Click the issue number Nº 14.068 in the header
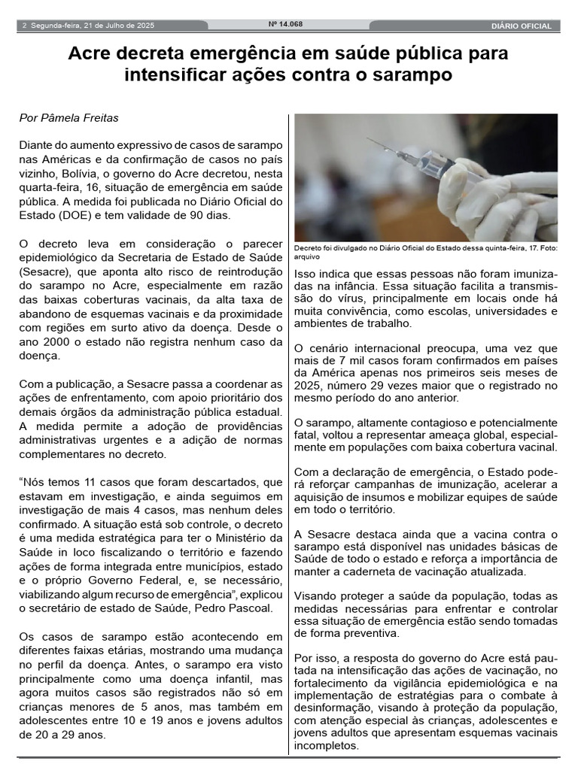pos(285,24)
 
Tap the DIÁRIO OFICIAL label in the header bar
pos(521,26)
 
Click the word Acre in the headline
pos(89,54)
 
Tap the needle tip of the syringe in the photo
pos(369,140)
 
